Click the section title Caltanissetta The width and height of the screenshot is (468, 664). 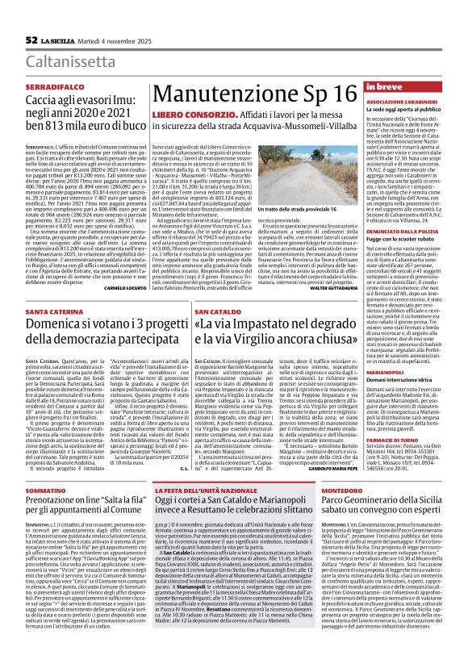pos(73,61)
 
